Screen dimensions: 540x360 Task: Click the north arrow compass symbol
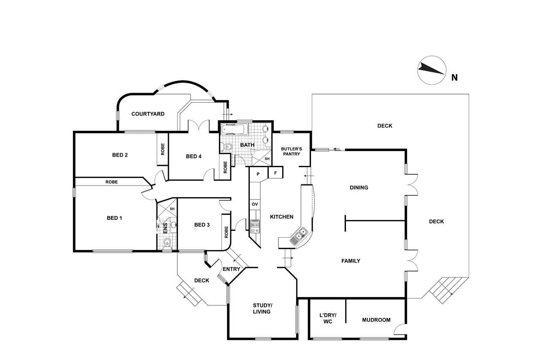coord(432,70)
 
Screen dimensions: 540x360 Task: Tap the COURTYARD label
coord(148,114)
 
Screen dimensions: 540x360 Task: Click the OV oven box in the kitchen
coord(255,204)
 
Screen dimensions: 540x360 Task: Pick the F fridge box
coord(275,173)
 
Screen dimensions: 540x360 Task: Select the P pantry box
coord(258,174)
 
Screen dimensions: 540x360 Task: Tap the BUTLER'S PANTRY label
coord(292,151)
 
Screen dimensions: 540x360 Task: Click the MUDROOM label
coord(376,320)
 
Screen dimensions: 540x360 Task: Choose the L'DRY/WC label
coord(328,318)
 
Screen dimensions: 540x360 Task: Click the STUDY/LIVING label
coord(262,309)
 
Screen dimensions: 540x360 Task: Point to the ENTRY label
coord(231,269)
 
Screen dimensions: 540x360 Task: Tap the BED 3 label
coord(202,225)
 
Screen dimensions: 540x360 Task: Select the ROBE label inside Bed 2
coord(162,149)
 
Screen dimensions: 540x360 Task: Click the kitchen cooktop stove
coord(255,226)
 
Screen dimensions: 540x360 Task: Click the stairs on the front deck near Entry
coord(189,294)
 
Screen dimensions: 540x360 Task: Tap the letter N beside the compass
coord(454,78)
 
